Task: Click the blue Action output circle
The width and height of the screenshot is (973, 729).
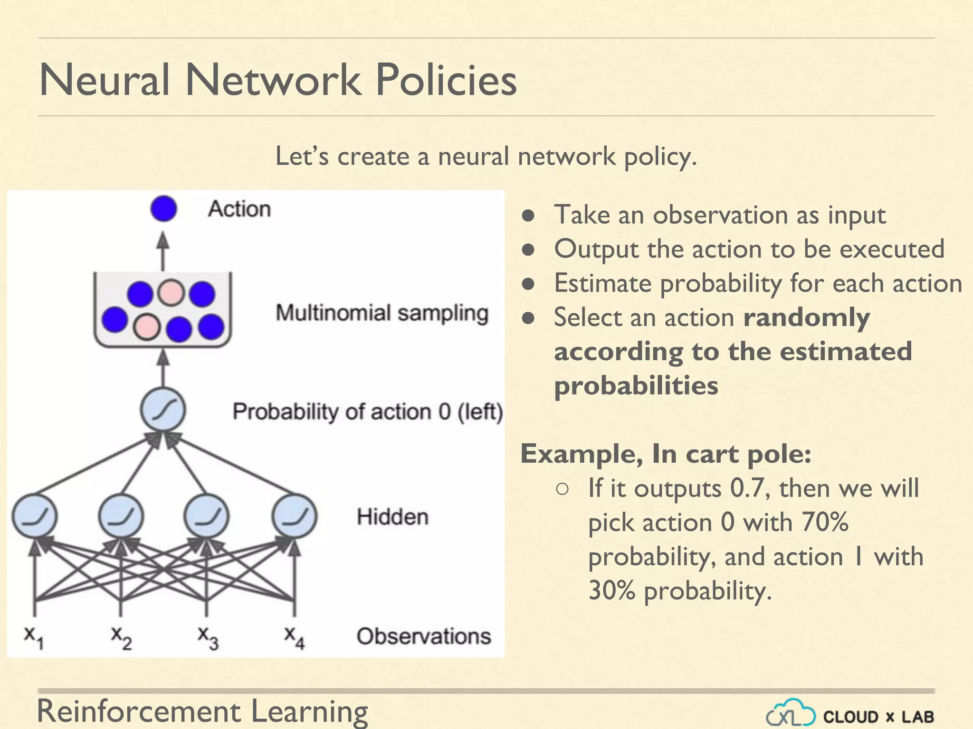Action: [163, 209]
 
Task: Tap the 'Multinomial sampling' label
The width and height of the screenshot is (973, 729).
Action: [382, 313]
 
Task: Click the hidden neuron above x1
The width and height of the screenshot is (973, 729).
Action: [34, 516]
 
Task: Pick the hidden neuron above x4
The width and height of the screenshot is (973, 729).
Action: [295, 516]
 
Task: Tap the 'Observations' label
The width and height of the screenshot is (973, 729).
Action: [423, 636]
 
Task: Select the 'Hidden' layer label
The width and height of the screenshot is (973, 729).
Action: [392, 517]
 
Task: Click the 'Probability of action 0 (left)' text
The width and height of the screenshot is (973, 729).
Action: [367, 411]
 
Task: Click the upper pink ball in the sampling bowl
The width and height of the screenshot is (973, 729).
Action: [171, 292]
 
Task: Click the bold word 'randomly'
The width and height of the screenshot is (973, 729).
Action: [806, 318]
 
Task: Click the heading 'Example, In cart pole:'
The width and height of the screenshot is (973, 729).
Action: [666, 454]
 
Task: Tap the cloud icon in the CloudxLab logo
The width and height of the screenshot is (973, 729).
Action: [791, 713]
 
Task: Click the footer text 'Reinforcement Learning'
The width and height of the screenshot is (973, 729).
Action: [202, 711]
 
